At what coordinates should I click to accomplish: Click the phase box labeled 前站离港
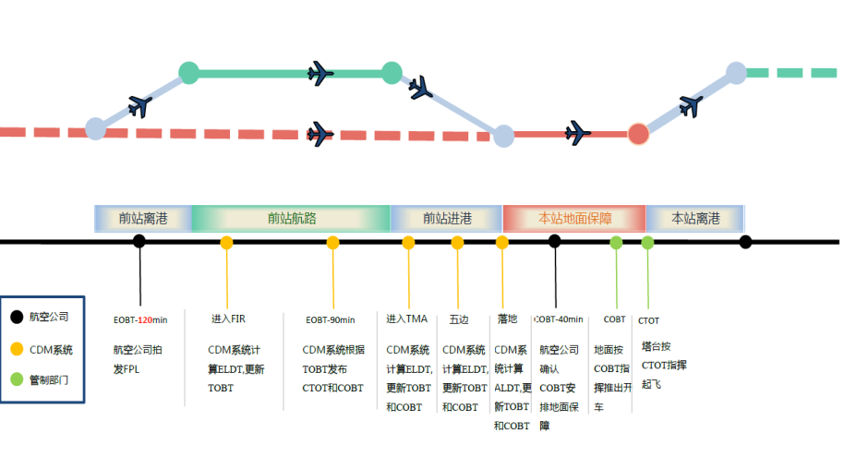click(x=143, y=219)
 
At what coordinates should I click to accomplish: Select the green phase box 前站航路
click(x=291, y=219)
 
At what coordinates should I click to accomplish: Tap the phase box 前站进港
click(x=447, y=219)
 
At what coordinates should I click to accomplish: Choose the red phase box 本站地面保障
click(x=574, y=219)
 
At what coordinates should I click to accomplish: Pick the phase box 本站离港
click(x=694, y=219)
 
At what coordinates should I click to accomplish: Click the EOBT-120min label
click(x=139, y=319)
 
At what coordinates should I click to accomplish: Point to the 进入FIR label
click(x=228, y=319)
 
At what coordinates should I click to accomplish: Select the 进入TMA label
click(x=407, y=319)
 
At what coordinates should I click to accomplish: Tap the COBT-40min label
click(x=559, y=319)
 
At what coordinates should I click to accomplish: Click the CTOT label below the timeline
click(x=648, y=320)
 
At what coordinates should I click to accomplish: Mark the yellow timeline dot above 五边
click(x=457, y=243)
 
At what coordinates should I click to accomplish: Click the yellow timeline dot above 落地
click(x=502, y=243)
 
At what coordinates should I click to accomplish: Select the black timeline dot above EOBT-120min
click(x=139, y=242)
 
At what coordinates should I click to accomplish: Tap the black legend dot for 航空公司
click(x=17, y=317)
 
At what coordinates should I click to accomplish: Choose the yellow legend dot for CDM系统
click(x=17, y=349)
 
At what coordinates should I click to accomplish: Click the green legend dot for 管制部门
click(x=17, y=379)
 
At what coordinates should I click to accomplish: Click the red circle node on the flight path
click(x=639, y=134)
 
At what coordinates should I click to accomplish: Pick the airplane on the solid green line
click(x=320, y=71)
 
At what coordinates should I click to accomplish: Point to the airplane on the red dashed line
click(x=320, y=134)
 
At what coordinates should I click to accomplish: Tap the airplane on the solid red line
click(x=578, y=133)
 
